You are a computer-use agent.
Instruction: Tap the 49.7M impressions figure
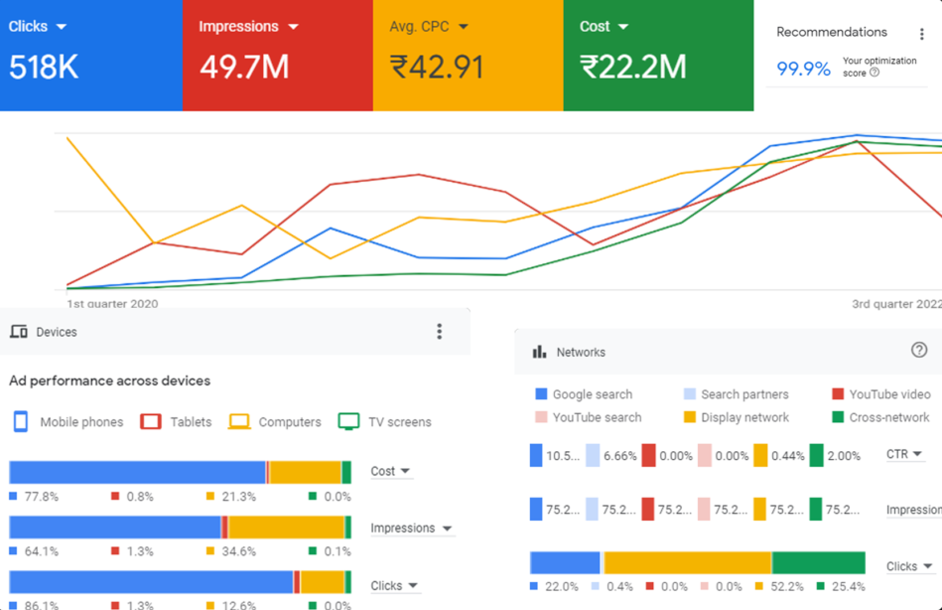click(x=244, y=67)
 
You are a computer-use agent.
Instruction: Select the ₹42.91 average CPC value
click(x=438, y=67)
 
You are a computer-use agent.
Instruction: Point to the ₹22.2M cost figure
click(x=633, y=67)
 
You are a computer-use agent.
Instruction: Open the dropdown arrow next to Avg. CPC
click(x=464, y=27)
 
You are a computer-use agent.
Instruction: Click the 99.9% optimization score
click(x=803, y=69)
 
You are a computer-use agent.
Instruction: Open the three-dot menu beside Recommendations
click(x=922, y=34)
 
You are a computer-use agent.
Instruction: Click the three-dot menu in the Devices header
click(x=440, y=332)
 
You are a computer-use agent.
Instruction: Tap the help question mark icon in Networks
click(x=919, y=350)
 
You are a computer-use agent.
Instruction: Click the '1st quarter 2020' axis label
click(x=112, y=304)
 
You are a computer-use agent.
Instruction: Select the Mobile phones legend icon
click(x=21, y=421)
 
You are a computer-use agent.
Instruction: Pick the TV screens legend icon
click(x=348, y=421)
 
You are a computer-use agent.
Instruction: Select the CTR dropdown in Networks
click(x=904, y=454)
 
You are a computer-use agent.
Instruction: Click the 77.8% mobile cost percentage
click(x=42, y=497)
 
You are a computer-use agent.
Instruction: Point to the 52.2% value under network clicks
click(x=787, y=587)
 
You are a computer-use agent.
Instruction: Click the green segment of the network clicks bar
click(x=818, y=562)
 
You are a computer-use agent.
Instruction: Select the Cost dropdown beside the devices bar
click(x=390, y=471)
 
